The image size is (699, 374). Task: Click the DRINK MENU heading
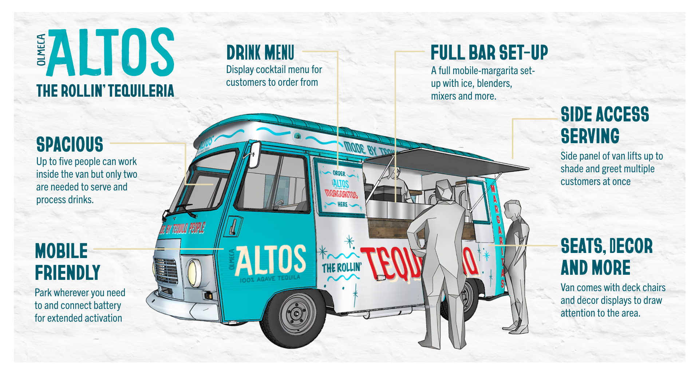(260, 53)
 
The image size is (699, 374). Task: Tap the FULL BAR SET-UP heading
(489, 53)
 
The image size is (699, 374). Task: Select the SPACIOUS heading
(70, 145)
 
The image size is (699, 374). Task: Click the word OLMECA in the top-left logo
(42, 50)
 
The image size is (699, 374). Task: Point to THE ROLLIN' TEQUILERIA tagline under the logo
(105, 91)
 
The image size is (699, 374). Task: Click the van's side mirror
(254, 154)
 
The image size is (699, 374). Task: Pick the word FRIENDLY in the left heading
(68, 273)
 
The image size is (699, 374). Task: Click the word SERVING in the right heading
(590, 137)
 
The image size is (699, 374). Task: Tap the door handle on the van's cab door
(232, 226)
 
